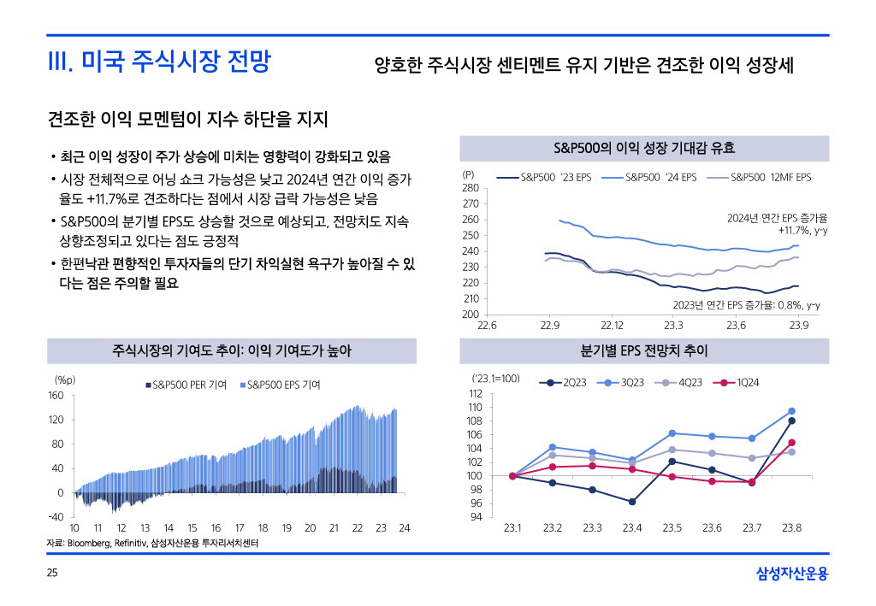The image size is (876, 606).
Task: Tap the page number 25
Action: (x=52, y=573)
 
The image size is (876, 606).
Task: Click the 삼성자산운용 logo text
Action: (x=792, y=573)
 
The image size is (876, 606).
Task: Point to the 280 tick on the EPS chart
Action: (x=471, y=188)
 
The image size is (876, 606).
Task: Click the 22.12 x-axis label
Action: (x=612, y=326)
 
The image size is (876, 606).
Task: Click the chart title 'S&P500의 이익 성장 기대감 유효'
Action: (x=644, y=149)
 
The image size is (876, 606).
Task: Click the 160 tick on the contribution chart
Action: (x=56, y=396)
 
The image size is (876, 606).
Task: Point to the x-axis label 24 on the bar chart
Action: (x=405, y=528)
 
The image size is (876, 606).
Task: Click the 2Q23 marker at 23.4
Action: (x=632, y=502)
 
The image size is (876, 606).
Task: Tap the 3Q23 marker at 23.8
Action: (x=791, y=411)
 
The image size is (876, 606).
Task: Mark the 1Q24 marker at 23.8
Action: (x=791, y=443)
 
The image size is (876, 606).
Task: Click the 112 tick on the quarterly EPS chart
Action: (x=476, y=393)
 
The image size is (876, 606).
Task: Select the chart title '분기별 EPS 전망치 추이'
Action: (x=644, y=351)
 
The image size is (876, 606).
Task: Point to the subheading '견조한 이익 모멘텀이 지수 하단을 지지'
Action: (x=188, y=118)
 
